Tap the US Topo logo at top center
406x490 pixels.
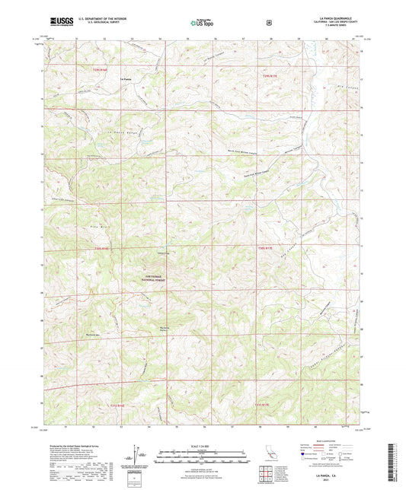[202, 24]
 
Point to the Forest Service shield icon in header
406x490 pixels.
[268, 23]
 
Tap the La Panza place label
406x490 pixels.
[127, 78]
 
